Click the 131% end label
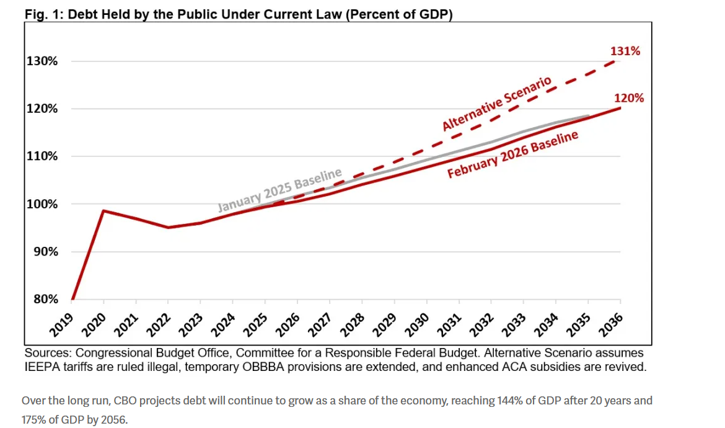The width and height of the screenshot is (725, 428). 625,51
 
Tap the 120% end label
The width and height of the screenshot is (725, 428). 629,98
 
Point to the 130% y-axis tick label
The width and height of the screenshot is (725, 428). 42,61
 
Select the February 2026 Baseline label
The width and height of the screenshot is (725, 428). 512,155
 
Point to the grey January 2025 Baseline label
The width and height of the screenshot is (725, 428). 279,189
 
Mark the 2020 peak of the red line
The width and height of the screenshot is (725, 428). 103,211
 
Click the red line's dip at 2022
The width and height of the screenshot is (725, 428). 168,227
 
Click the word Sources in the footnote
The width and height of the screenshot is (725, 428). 45,353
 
